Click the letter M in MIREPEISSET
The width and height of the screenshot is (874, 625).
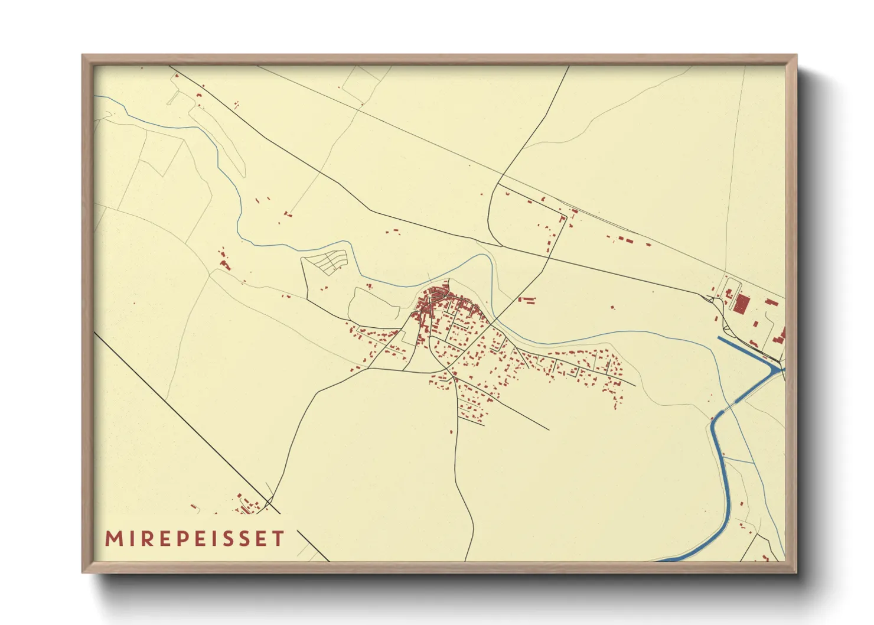pyautogui.click(x=113, y=539)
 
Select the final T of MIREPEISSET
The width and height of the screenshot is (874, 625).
pyautogui.click(x=278, y=539)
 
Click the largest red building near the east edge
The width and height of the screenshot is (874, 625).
pyautogui.click(x=741, y=304)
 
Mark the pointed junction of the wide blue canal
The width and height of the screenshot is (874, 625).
pyautogui.click(x=778, y=369)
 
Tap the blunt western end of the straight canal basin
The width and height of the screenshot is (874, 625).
pyautogui.click(x=720, y=339)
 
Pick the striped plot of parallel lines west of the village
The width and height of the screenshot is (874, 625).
pyautogui.click(x=332, y=261)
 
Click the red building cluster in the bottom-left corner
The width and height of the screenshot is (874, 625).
pyautogui.click(x=247, y=505)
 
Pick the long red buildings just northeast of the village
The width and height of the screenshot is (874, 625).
pyautogui.click(x=527, y=300)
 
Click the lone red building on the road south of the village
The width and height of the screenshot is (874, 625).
pyautogui.click(x=452, y=432)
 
